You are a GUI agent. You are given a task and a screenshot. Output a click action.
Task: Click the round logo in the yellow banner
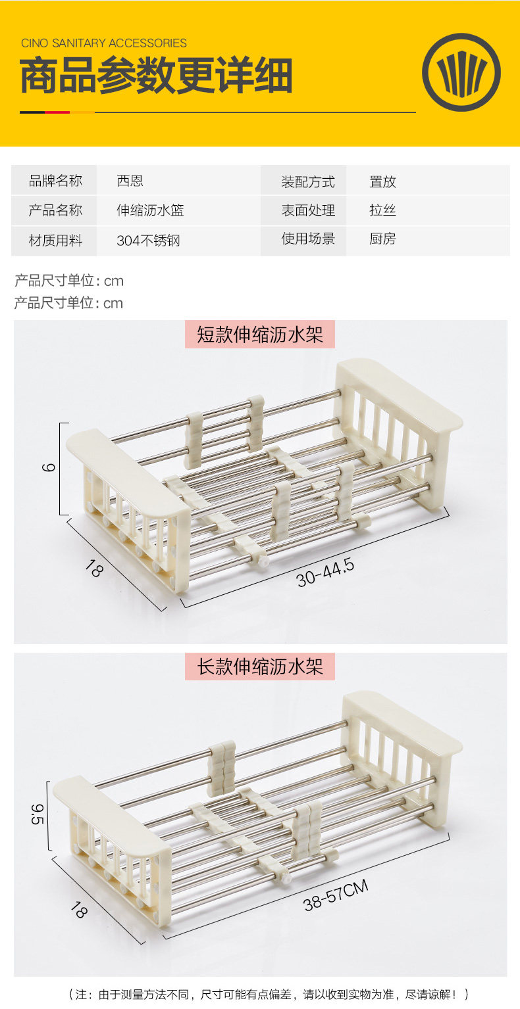pos(461,72)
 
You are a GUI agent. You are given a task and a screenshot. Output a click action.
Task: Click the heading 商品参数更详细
pos(156,76)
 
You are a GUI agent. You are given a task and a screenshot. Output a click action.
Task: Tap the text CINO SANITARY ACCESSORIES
pos(104,43)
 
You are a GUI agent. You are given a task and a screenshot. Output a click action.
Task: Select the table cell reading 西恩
pos(130,181)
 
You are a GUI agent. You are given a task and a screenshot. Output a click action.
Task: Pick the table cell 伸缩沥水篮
pos(150,210)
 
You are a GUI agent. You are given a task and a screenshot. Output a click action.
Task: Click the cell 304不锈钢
pos(148,241)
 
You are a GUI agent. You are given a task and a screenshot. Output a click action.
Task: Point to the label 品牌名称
pos(55,181)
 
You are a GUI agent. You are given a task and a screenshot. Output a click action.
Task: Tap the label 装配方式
pos(308,181)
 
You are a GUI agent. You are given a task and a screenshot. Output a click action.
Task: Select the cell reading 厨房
pos(382,239)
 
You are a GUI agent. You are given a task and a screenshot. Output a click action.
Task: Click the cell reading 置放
pos(382,181)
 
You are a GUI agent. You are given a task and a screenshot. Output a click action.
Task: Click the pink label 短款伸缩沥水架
pos(260,335)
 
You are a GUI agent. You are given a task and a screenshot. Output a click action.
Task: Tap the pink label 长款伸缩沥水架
pos(260,667)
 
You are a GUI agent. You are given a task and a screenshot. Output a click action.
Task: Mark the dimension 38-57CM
pos(336,895)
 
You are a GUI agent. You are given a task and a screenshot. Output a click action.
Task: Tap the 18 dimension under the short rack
pos(94,569)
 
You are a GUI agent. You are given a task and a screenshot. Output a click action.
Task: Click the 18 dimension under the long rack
pos(78,910)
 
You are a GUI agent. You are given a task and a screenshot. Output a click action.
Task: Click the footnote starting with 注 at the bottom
pos(269,995)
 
